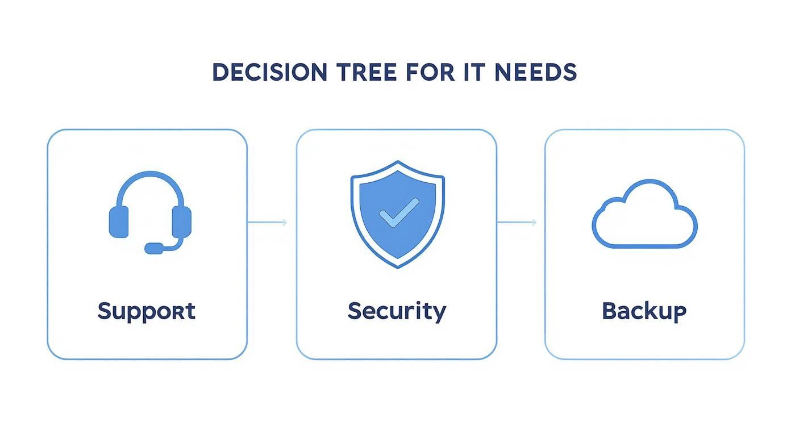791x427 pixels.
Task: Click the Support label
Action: (147, 311)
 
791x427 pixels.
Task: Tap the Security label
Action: (397, 311)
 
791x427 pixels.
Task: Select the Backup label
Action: (644, 311)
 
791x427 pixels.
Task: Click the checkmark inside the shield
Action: (398, 213)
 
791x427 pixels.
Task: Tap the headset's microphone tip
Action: (153, 248)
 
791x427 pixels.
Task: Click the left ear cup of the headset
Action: (119, 221)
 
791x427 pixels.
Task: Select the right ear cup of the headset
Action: (182, 221)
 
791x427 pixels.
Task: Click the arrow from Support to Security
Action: (267, 222)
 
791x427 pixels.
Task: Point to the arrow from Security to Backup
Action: (517, 222)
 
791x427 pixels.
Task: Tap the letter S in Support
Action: (103, 311)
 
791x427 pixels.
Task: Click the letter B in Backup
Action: (609, 311)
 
